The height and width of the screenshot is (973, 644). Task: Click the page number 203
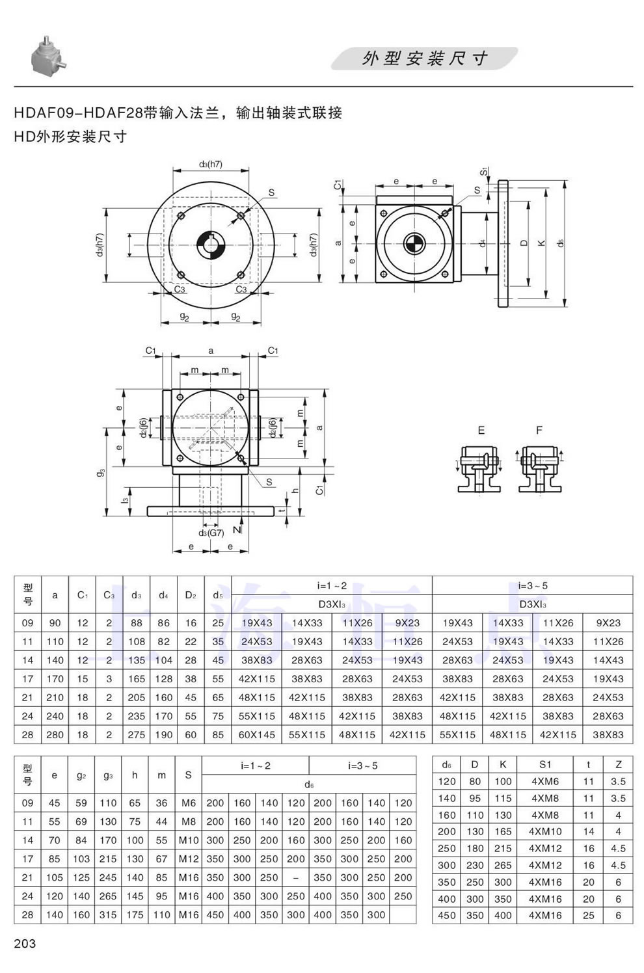coord(25,943)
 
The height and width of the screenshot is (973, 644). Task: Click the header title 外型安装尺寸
coord(425,59)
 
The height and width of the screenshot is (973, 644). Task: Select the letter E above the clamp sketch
coord(481,430)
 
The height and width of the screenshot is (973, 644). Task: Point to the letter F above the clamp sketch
coord(539,430)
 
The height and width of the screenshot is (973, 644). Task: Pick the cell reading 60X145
coord(257,734)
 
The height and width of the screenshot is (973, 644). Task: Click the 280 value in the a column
coord(55,734)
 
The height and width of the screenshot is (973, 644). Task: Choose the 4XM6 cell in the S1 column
coord(544,781)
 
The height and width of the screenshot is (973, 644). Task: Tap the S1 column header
coord(544,764)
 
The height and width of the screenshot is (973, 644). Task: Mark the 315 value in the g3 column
coord(108,914)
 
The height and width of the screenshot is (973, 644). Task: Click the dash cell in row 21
coord(296,877)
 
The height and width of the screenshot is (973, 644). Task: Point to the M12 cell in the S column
coord(189,859)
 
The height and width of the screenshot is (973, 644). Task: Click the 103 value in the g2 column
coord(81,859)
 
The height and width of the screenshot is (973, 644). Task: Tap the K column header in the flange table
coord(503,764)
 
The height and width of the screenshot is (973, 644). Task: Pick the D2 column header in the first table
coord(191,594)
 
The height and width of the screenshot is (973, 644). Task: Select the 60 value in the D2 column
coord(191,734)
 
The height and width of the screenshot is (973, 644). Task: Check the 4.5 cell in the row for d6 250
coord(618,848)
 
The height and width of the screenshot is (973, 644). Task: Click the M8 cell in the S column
coord(189,821)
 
